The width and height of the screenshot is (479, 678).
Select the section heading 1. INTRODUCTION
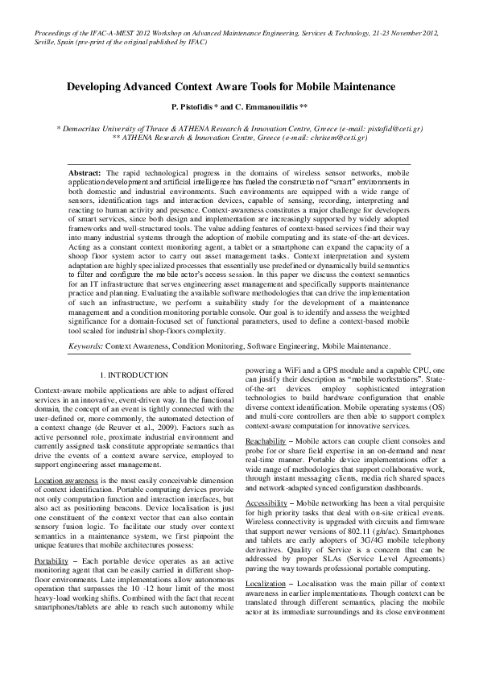click(134, 375)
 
